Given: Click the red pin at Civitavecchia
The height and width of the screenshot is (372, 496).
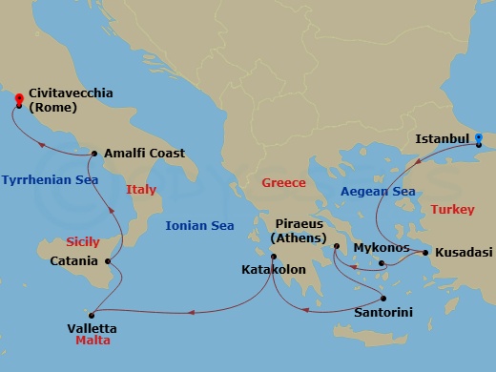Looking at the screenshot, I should pos(17,98).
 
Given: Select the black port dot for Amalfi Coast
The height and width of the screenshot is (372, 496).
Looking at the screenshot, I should pos(94,153).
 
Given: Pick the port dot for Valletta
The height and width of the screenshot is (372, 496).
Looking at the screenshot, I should pos(92,315).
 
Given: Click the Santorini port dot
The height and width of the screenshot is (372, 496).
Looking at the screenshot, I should pos(383,297).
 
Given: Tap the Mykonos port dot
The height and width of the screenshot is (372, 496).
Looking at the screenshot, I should pos(381,262).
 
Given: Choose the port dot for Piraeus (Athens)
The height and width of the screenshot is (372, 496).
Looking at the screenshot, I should pos(336,247).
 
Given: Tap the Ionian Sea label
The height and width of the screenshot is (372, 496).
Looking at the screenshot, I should pos(199,226).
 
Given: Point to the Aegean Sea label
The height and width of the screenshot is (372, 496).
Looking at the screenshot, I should pos(378,192).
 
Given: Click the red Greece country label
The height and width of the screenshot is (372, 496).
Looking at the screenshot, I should pos(283,183).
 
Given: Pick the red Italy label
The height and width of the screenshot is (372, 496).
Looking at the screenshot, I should pos(140,190).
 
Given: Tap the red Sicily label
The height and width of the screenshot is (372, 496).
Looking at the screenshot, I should pos(83,242).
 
